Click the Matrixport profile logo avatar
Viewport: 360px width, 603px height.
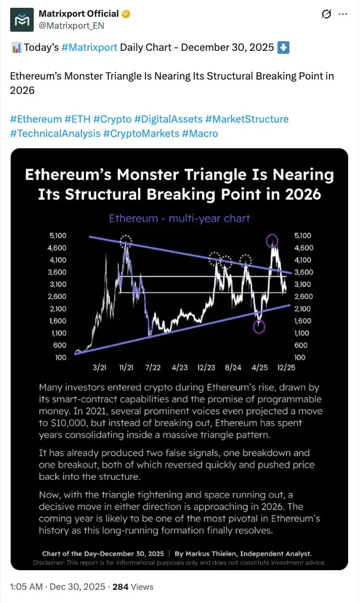22,20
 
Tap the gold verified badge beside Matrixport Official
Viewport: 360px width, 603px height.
126,14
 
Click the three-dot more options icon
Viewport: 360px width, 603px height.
343,14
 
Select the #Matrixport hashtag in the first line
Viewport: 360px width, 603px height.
89,47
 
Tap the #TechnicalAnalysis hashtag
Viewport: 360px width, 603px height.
56,133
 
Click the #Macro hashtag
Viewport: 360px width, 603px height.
200,133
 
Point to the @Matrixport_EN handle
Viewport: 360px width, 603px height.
72,26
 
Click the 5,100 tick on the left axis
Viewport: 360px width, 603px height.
57,235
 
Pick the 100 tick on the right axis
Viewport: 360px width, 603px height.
300,357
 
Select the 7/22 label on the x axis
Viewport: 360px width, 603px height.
152,367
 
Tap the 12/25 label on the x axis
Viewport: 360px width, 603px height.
286,367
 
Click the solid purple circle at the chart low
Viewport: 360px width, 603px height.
259,327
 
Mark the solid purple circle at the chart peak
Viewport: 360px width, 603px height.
272,241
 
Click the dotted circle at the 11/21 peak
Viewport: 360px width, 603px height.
126,242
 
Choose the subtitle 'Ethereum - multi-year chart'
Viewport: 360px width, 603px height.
179,218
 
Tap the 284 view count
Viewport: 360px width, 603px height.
120,586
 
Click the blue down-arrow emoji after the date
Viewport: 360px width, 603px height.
283,47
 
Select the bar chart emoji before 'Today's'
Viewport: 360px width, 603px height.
16,48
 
